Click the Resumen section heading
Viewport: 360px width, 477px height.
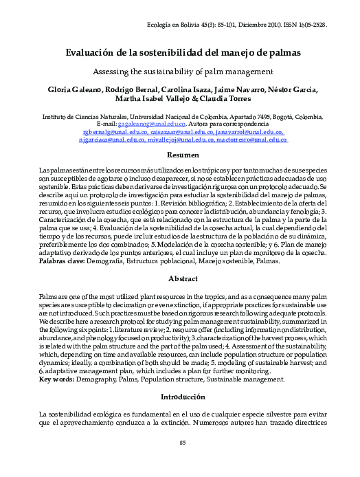tap(183, 156)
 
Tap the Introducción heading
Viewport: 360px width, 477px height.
tap(183, 397)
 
